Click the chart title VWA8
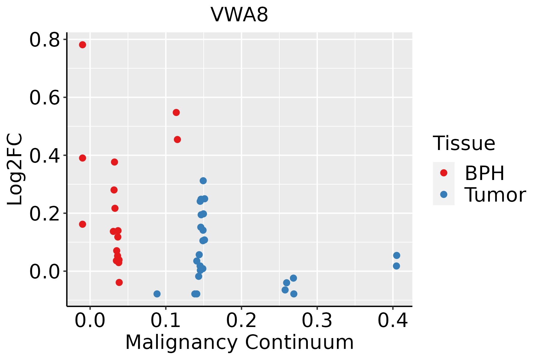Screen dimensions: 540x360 coord(239,15)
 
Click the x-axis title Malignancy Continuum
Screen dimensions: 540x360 coord(239,342)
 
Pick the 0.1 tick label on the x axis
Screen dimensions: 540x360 coord(166,320)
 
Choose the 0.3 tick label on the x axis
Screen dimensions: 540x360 coord(317,320)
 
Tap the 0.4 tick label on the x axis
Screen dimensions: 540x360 coord(392,320)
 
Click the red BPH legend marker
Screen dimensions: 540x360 coord(443,173)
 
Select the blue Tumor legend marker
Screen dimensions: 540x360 coord(443,194)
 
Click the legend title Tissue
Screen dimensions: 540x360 coord(464,143)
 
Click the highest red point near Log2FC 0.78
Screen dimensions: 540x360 coord(82,45)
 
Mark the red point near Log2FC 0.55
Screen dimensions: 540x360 coord(176,112)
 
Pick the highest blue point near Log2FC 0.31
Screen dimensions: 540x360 coord(203,181)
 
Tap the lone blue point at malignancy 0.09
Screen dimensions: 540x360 coord(157,294)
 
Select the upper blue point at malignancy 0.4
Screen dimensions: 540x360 coord(397,255)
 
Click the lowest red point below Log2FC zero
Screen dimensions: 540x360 coord(119,282)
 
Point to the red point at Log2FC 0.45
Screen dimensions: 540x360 coord(177,139)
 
